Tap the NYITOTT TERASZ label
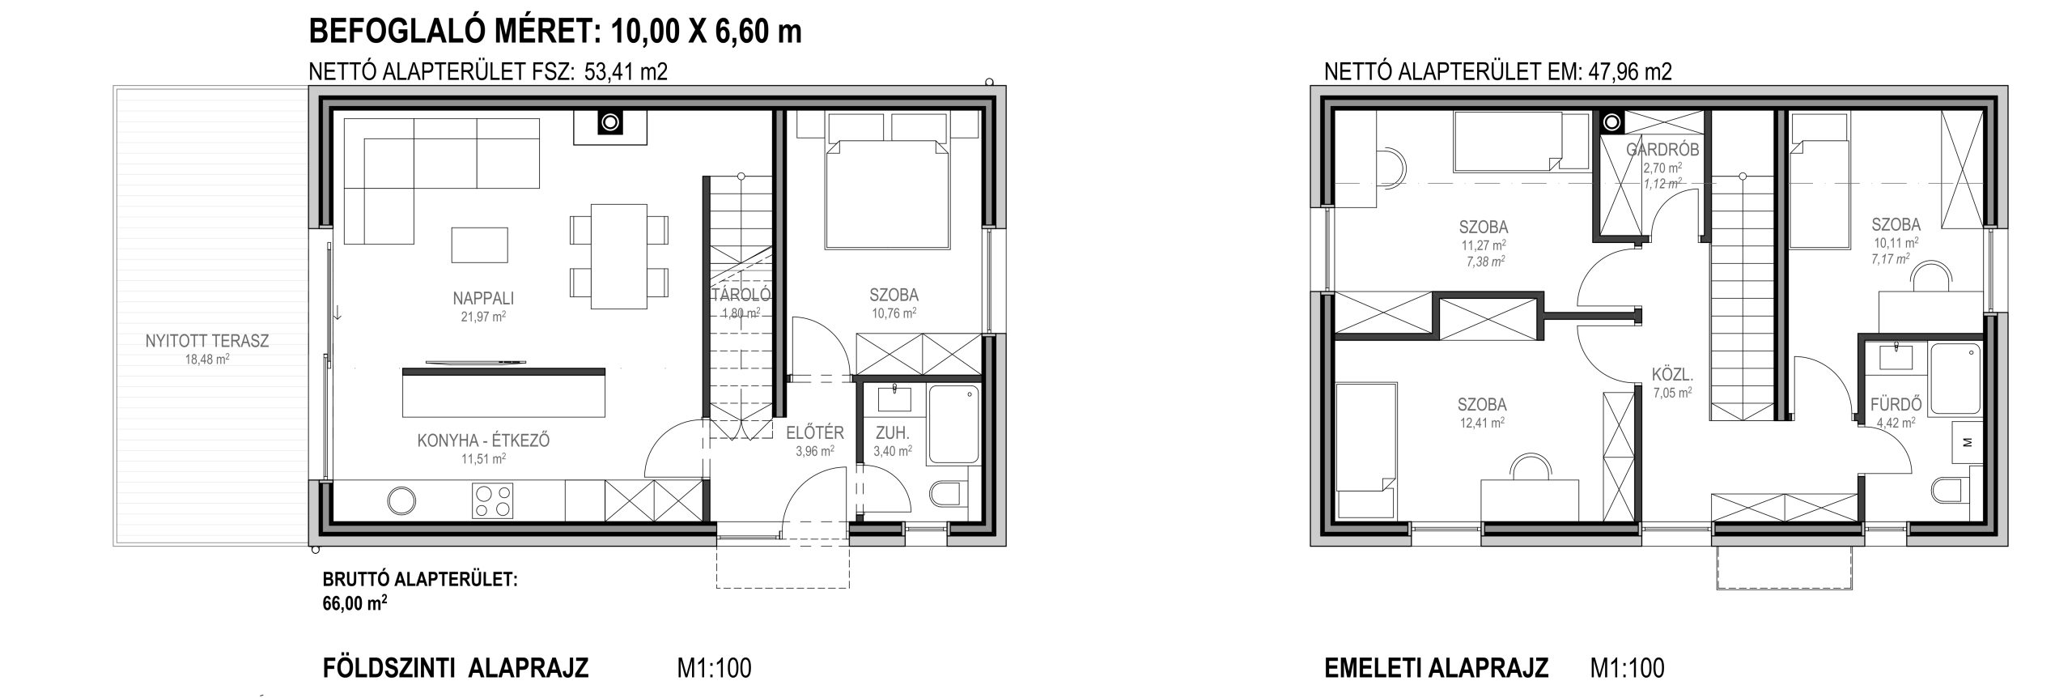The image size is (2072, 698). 207,341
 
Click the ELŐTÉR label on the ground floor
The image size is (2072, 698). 815,432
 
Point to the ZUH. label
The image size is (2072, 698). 893,432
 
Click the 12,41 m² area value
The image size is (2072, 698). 1482,422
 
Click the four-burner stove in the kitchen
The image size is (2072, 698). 493,500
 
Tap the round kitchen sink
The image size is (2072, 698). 402,500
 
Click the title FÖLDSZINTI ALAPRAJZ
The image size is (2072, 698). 456,669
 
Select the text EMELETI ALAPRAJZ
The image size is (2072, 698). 1437,669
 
